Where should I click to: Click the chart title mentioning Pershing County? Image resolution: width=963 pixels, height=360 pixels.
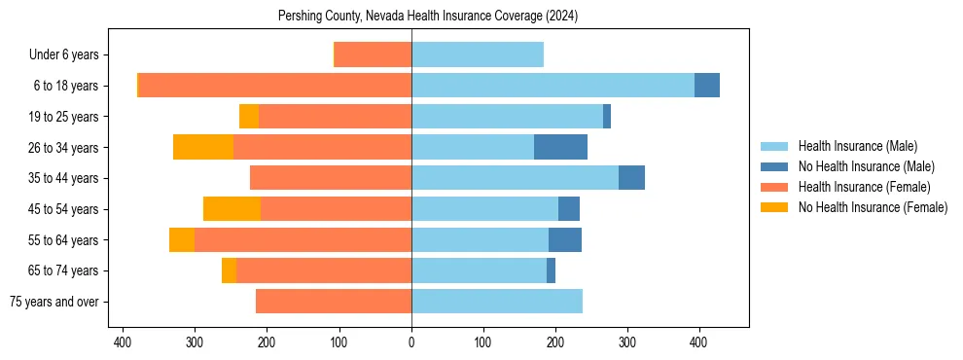tap(428, 16)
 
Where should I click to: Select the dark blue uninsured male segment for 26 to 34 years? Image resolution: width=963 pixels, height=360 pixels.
tap(560, 147)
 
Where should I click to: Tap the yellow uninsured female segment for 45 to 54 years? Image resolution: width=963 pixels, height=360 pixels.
tap(232, 208)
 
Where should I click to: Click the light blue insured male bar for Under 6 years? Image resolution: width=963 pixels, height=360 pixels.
tap(477, 54)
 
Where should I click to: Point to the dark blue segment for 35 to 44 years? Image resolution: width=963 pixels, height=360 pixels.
tap(631, 178)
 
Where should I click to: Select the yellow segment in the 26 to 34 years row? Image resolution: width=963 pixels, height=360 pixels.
tap(203, 147)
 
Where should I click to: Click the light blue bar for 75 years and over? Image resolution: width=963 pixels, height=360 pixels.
tap(496, 302)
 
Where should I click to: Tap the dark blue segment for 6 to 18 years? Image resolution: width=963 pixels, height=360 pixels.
tap(706, 86)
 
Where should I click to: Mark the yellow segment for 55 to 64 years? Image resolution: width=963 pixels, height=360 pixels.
tap(182, 239)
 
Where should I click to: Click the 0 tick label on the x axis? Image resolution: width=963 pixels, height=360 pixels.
tap(411, 342)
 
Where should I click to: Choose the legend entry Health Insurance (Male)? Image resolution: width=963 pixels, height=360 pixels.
tap(857, 146)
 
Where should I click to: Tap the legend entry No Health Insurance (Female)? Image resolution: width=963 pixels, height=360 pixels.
tap(873, 207)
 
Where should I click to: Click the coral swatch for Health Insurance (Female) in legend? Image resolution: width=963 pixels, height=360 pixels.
tap(774, 187)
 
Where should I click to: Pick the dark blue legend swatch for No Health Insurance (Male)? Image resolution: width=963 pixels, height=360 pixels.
tap(774, 166)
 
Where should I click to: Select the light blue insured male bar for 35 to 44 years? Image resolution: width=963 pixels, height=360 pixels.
tap(515, 178)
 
